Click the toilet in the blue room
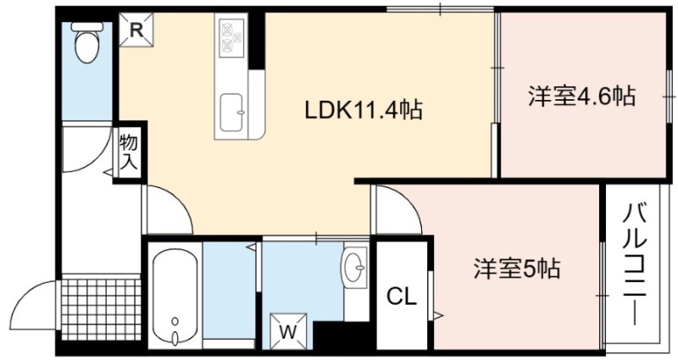click(87, 42)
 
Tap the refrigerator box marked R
click(136, 30)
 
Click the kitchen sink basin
click(231, 113)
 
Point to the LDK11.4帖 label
click(364, 110)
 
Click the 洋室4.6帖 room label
click(581, 96)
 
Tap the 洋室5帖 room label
click(517, 269)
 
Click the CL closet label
click(401, 296)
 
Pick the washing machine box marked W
click(288, 330)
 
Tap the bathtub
click(175, 296)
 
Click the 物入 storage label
click(129, 152)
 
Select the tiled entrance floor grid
click(101, 308)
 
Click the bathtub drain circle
click(175, 321)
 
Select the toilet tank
click(87, 26)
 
